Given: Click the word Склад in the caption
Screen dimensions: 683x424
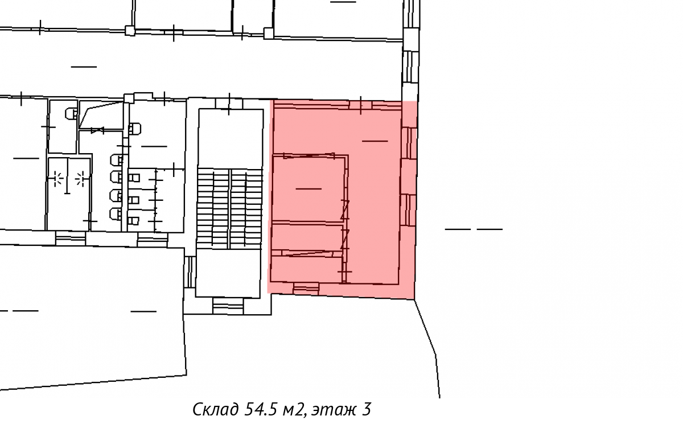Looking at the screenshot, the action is coord(216,410).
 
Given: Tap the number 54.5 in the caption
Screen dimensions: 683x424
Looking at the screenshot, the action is coord(260,409).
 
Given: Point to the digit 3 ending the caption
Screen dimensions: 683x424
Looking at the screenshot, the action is coord(367,409).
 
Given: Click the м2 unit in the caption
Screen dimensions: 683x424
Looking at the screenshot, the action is coord(294,410).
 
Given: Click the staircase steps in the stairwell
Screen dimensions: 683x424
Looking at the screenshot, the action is coord(229,208).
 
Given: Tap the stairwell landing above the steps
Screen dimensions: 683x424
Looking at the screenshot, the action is coord(231,139).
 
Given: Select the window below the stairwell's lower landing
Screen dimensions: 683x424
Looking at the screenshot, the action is coord(228,306).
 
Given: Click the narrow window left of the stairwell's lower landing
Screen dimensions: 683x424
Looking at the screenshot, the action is coord(190,272).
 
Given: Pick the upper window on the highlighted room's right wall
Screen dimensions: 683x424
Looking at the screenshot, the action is coord(409,143).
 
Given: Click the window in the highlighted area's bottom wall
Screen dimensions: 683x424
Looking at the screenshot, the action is coord(306,289).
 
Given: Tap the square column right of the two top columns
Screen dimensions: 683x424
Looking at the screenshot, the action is coord(268,34).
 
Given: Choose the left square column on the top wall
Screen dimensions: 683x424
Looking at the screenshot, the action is coord(130,31).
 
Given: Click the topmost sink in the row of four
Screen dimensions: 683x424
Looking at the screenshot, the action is coord(116,160).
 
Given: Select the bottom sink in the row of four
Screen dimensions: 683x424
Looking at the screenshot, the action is coord(116,213).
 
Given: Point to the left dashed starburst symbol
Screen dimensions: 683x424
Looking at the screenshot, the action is coord(57,179).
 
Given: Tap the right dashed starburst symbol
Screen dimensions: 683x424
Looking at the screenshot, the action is coord(81,179).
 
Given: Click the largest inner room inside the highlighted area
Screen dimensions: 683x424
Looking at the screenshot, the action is coord(309,189).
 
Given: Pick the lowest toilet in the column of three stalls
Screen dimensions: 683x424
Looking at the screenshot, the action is coord(134,220).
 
